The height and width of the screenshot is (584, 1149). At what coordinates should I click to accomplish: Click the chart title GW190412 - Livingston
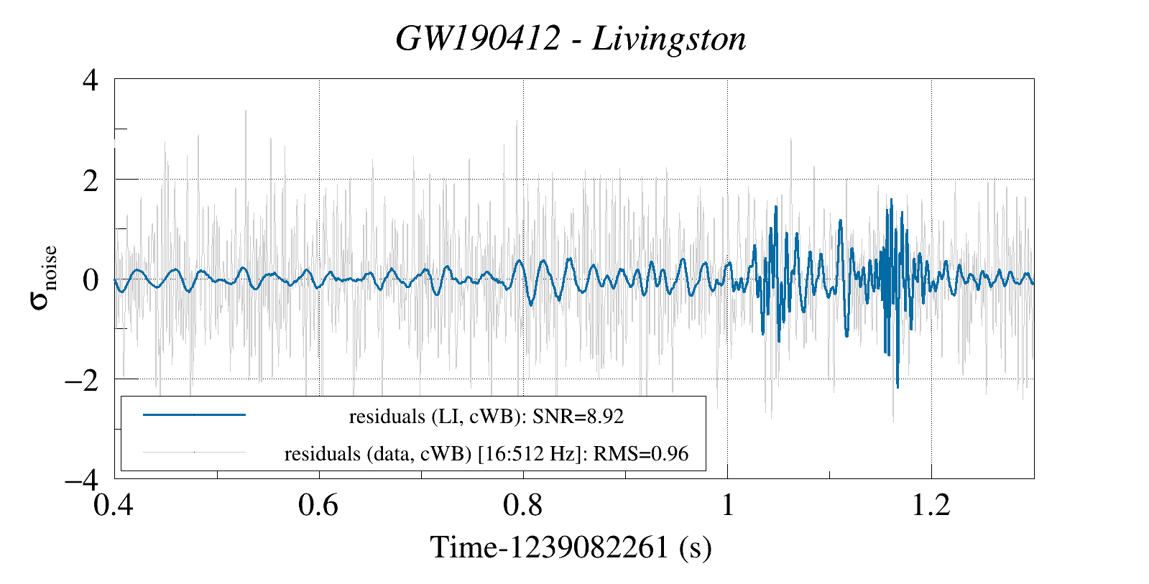(x=571, y=39)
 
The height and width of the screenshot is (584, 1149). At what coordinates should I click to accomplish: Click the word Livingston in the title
(x=669, y=39)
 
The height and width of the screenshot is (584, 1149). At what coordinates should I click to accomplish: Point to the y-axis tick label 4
(x=90, y=80)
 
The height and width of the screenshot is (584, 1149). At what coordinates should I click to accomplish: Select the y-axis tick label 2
(x=90, y=180)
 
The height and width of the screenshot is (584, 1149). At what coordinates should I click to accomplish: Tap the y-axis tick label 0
(x=90, y=279)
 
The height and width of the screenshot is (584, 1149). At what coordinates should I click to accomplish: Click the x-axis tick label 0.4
(x=114, y=505)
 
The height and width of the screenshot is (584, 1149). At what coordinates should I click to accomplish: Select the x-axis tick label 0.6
(x=318, y=505)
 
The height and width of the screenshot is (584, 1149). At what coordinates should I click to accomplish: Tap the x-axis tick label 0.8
(x=523, y=505)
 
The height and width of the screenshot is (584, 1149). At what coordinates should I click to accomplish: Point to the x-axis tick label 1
(x=727, y=505)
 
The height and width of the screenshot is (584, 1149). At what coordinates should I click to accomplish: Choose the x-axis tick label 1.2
(x=931, y=505)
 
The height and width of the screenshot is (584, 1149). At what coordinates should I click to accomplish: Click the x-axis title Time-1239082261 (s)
(x=571, y=547)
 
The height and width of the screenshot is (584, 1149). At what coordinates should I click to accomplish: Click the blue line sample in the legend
(x=194, y=414)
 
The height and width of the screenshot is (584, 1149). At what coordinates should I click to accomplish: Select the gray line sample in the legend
(x=194, y=453)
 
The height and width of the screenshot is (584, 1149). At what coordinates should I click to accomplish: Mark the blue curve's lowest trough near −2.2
(x=897, y=387)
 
